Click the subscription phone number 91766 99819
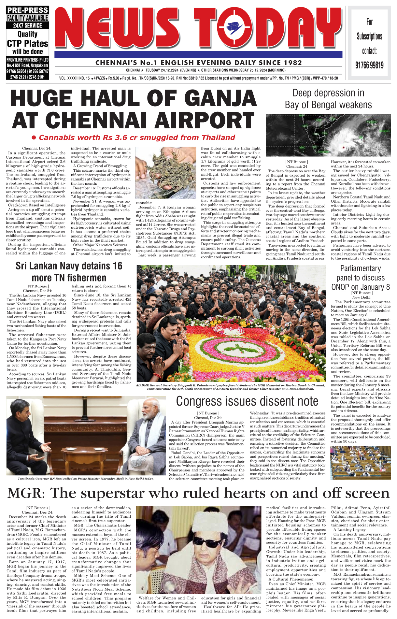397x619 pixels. pos(369,65)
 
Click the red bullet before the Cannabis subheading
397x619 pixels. pos(33,138)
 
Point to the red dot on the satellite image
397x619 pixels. pos(343,147)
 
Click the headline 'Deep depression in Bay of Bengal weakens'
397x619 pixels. pos(328,99)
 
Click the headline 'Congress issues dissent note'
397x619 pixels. pos(247,401)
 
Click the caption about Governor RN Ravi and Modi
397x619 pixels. pos(86,479)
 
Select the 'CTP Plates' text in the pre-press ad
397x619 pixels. pos(28,43)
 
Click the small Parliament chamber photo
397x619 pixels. pos(361,463)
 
